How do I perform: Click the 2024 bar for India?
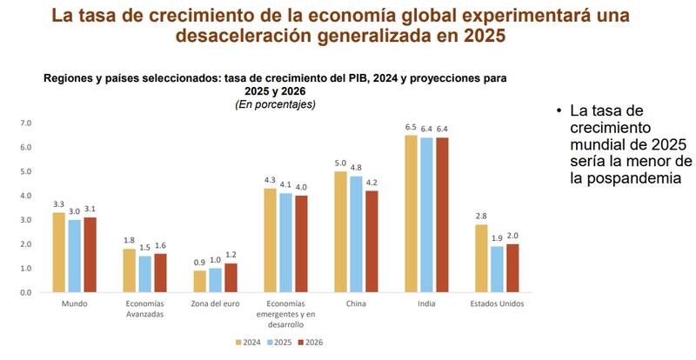click(x=411, y=214)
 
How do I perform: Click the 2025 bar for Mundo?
click(x=75, y=256)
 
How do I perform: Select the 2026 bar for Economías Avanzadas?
click(x=160, y=272)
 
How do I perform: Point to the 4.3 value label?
click(x=270, y=180)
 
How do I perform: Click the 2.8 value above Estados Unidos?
click(x=481, y=217)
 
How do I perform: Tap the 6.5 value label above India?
click(x=411, y=127)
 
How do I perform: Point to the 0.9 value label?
click(x=199, y=263)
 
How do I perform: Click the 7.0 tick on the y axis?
click(x=25, y=123)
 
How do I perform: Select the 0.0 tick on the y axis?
click(x=25, y=292)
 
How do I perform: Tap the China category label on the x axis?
click(x=355, y=304)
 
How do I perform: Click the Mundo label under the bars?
click(x=74, y=304)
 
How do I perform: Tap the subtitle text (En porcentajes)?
click(x=275, y=104)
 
